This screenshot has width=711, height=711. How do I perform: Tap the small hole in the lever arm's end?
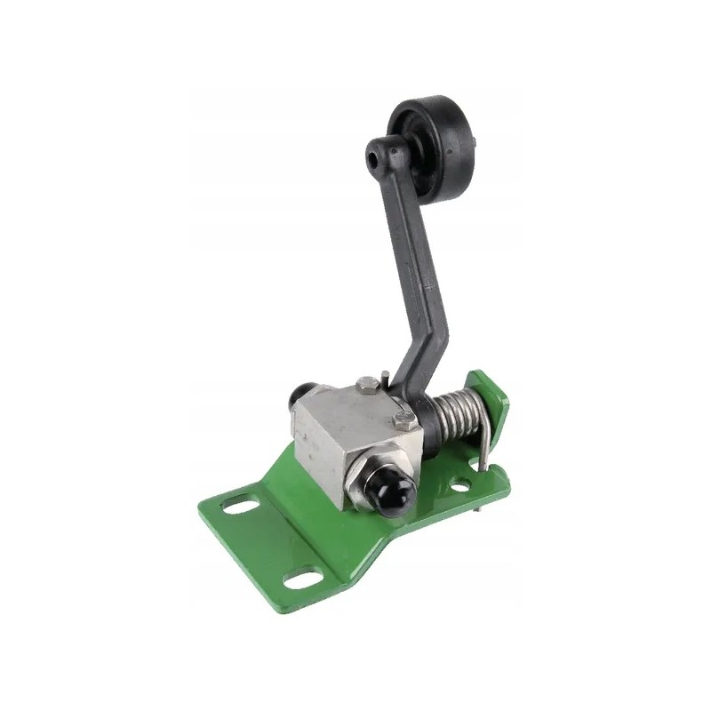371,157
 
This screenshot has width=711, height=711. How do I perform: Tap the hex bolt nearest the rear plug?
367,385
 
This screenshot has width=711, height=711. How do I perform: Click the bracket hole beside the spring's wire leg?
459,485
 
